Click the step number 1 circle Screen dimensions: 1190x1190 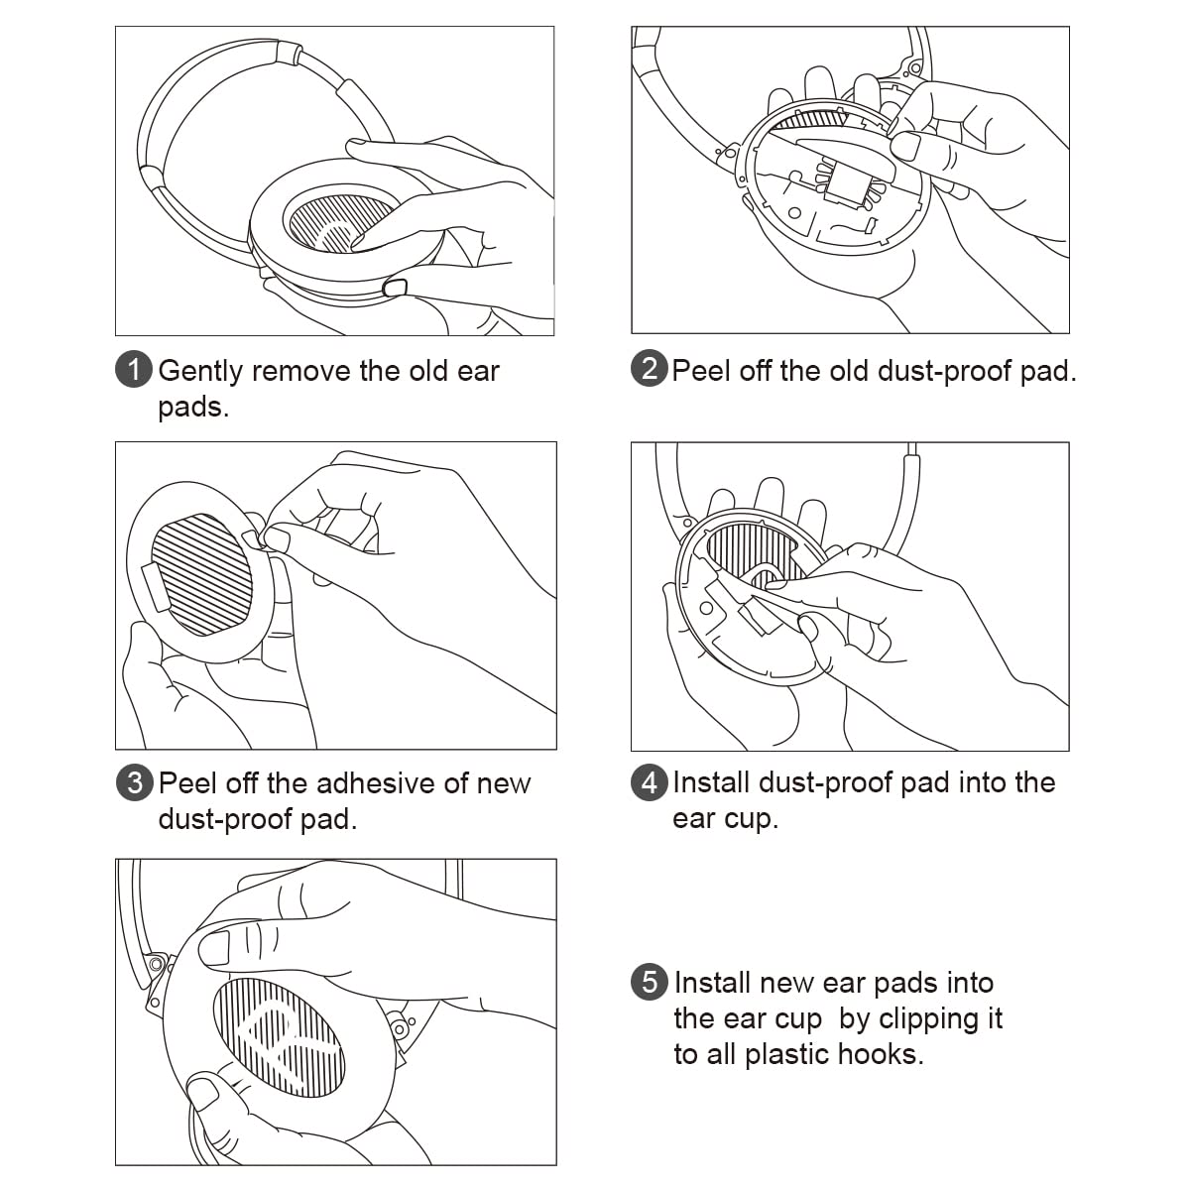pyautogui.click(x=134, y=371)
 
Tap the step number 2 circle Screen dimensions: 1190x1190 pyautogui.click(x=649, y=370)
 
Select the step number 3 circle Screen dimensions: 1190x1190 pyautogui.click(x=134, y=783)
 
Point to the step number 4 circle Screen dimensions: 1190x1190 pyautogui.click(x=649, y=783)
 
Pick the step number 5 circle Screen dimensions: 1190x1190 pyautogui.click(x=649, y=983)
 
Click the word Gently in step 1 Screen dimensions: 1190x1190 pyautogui.click(x=200, y=372)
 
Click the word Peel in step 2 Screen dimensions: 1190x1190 pyautogui.click(x=701, y=371)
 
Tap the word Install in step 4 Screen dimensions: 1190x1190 pyautogui.click(x=711, y=783)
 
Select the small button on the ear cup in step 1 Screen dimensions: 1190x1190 pyautogui.click(x=394, y=288)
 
